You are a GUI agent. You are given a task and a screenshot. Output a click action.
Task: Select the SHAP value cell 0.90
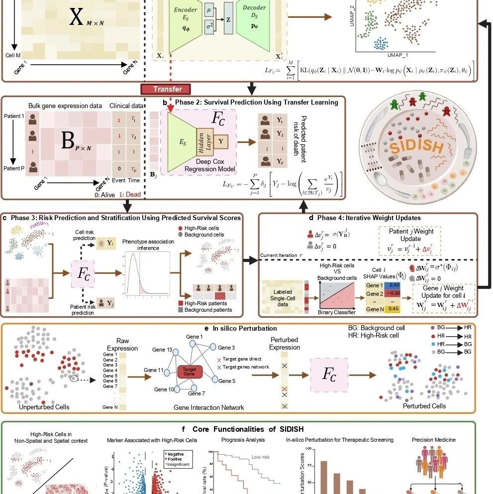coord(394,285)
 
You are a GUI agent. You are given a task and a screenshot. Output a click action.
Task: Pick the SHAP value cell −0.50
coord(394,293)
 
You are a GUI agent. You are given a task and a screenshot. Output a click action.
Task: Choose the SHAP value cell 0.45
coord(394,309)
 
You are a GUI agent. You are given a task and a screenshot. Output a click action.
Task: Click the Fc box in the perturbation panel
coord(329,374)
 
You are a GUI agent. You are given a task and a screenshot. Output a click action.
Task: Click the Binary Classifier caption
coord(337,312)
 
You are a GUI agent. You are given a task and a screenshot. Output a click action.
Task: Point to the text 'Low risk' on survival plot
coord(260,457)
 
